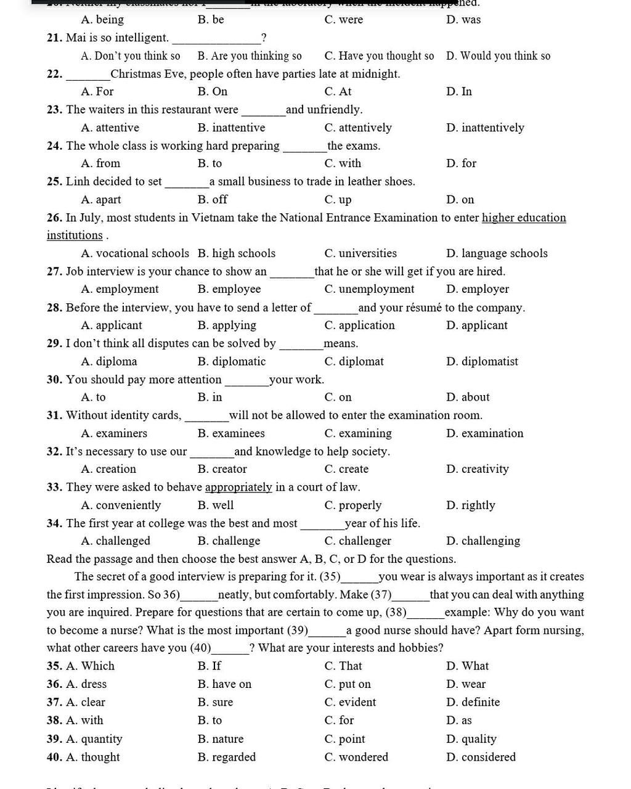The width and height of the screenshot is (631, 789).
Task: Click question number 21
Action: pos(55,38)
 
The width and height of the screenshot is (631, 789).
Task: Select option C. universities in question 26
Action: pos(360,253)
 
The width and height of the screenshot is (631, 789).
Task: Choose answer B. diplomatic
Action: pos(232,361)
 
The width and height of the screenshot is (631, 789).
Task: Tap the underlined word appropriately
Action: pos(238,487)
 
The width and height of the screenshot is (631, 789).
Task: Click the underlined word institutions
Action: pos(75,235)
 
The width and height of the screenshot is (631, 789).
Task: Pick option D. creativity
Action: pos(478,469)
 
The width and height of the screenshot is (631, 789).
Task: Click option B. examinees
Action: pos(231,433)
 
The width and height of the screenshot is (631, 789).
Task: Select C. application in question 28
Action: pos(359,325)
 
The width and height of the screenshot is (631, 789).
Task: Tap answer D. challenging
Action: pos(483,541)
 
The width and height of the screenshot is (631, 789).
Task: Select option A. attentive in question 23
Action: pos(110,128)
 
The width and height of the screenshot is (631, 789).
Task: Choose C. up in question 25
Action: pos(338,200)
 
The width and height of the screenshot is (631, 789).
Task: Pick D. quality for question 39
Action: pos(471,739)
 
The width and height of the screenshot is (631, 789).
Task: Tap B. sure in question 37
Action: pos(215,702)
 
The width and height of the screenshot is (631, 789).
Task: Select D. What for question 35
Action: pos(467,666)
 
